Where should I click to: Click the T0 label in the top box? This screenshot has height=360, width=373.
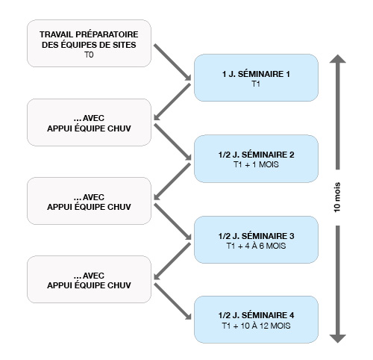(89, 55)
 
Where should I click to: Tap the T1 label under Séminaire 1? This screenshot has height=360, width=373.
(256, 84)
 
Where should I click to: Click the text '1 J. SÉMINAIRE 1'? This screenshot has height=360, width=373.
(256, 74)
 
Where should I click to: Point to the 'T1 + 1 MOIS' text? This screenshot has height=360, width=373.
(256, 164)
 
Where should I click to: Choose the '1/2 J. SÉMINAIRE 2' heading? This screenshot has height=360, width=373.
(256, 155)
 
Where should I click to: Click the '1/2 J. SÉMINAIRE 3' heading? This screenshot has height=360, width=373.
(256, 236)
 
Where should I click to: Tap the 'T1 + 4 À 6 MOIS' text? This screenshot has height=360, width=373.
(256, 246)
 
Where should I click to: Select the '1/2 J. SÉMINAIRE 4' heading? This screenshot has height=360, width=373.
(256, 315)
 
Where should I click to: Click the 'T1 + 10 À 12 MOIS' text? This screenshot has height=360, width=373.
(256, 326)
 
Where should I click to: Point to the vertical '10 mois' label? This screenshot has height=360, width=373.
(337, 197)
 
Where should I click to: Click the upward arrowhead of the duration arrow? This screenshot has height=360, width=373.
(337, 59)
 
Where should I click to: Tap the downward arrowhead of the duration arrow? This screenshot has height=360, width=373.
(337, 338)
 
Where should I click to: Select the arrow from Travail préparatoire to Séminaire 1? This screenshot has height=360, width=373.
(172, 62)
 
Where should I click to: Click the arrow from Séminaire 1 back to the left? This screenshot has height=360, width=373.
(172, 102)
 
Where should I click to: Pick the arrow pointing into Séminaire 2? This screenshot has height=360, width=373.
(172, 142)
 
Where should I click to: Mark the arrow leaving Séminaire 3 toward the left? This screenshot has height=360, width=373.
(172, 261)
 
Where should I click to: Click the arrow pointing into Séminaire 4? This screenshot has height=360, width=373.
(172, 301)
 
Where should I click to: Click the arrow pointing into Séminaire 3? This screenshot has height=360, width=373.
(172, 222)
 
